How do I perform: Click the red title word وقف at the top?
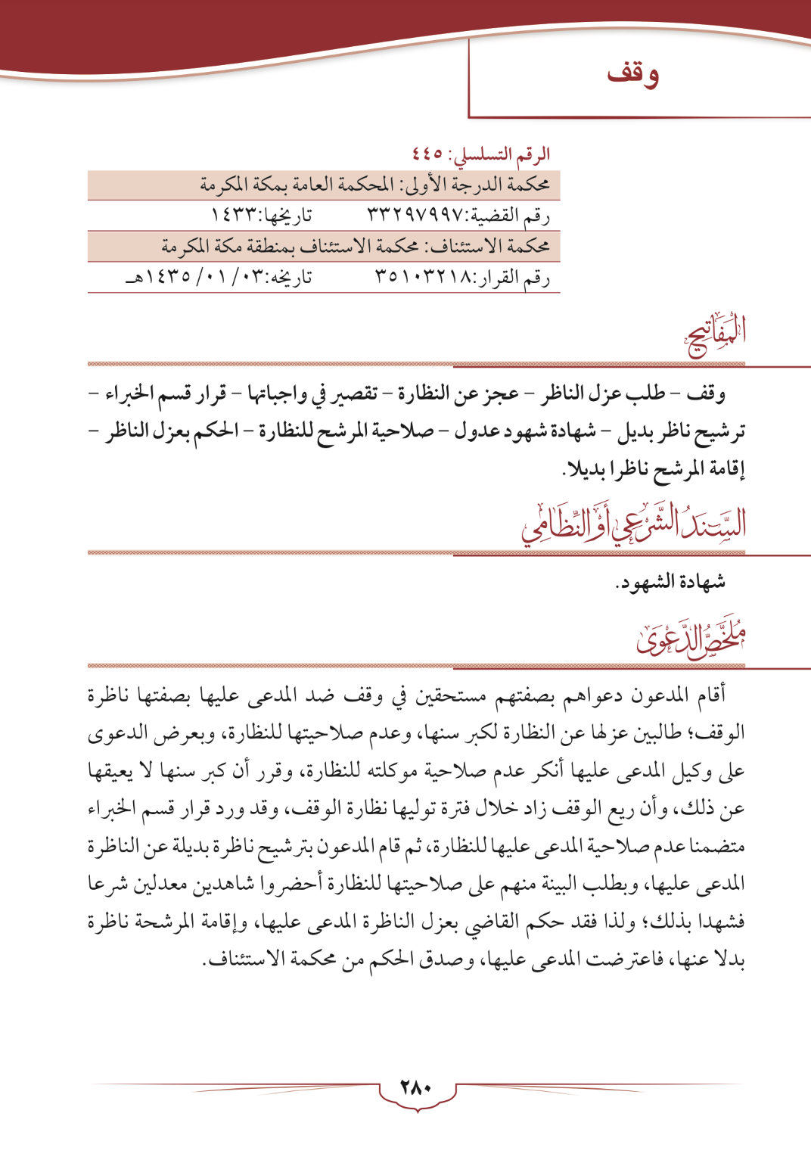point(632,73)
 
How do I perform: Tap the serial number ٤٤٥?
point(427,154)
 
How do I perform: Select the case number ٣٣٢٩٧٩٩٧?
point(415,216)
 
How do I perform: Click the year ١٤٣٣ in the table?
point(230,216)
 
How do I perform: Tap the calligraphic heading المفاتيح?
point(715,335)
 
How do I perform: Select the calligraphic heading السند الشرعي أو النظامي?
point(634,523)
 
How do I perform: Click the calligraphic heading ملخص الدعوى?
point(691,639)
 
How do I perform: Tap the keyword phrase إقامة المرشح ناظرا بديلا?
point(655,469)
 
